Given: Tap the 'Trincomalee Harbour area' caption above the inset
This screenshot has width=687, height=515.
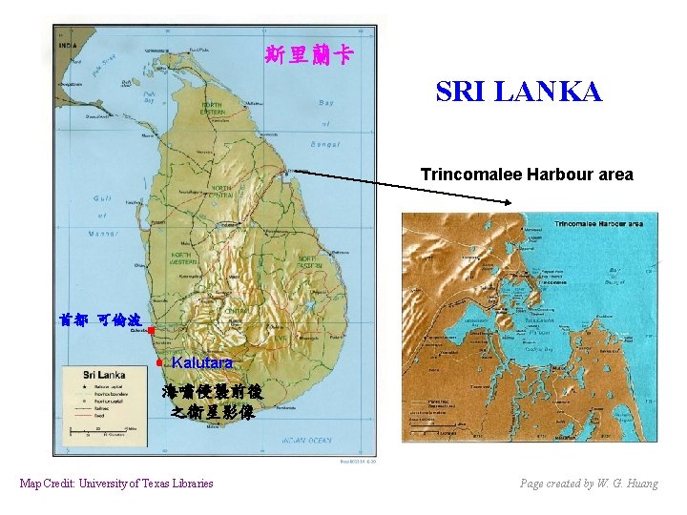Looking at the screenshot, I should [527, 175].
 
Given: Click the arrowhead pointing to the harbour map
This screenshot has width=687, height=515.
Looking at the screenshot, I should [510, 201].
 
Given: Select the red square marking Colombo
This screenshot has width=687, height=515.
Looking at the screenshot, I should [151, 329].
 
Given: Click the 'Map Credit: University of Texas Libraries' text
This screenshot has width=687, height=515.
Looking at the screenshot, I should [116, 484].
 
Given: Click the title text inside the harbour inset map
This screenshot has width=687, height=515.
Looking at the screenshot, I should [597, 224].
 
